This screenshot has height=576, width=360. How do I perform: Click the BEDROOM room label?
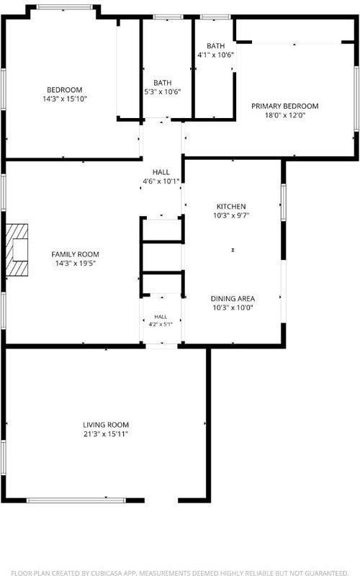click(x=65, y=90)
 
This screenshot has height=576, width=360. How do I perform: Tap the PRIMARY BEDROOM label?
click(x=284, y=106)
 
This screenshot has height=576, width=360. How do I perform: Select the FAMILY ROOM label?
click(x=76, y=254)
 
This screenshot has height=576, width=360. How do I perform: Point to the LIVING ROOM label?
click(x=106, y=425)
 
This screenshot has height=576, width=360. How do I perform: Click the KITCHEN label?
click(x=231, y=207)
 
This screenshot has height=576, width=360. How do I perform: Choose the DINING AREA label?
click(x=233, y=299)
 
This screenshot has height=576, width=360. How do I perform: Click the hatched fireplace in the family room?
click(x=17, y=250)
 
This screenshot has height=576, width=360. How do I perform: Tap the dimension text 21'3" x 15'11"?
click(x=106, y=434)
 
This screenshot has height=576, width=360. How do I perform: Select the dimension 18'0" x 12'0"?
click(x=284, y=115)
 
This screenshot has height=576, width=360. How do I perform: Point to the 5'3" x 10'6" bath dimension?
click(x=163, y=92)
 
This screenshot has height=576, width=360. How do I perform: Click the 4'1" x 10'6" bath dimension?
click(x=215, y=55)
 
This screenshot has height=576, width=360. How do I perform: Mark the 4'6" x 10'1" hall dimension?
click(x=161, y=181)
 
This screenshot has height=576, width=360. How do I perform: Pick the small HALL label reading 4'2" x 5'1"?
click(x=161, y=320)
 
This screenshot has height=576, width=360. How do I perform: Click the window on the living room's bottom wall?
click(x=76, y=500)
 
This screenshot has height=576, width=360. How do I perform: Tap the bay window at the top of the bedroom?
click(x=65, y=7)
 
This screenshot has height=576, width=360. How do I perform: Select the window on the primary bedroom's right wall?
click(x=356, y=99)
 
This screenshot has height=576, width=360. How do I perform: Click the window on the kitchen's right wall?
click(x=284, y=202)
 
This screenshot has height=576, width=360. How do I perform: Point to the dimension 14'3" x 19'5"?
click(x=76, y=264)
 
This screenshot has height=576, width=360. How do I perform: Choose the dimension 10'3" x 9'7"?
click(x=231, y=215)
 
